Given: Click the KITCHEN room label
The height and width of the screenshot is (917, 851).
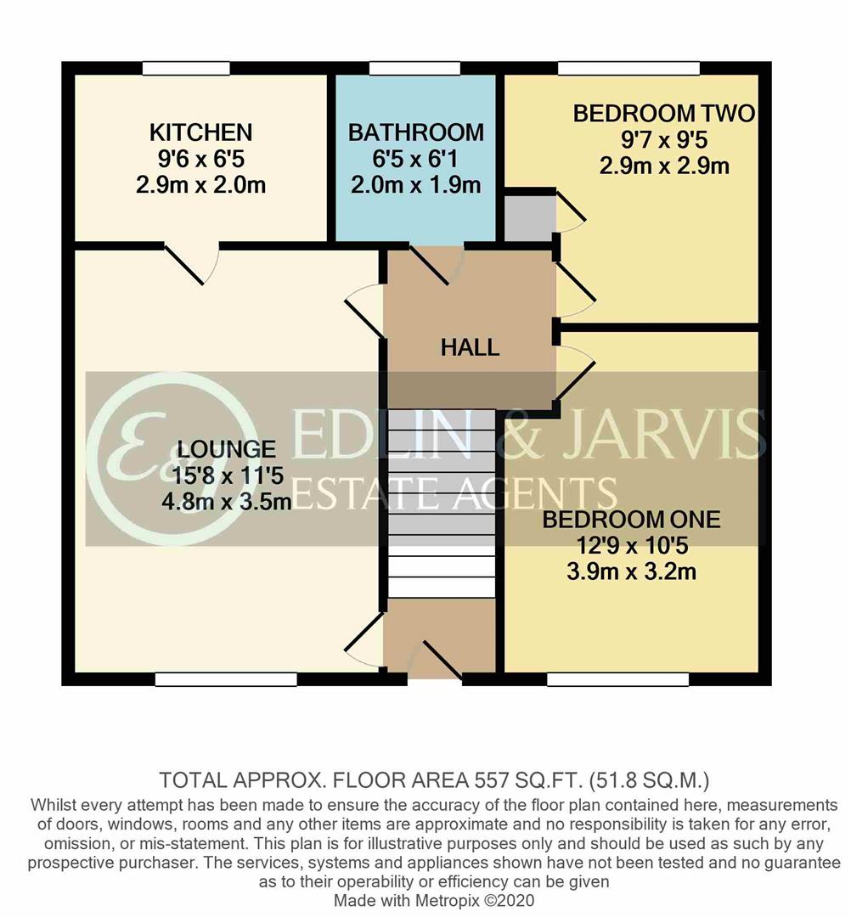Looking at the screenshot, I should pyautogui.click(x=200, y=132).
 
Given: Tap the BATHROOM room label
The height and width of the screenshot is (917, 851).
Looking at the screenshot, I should pyautogui.click(x=415, y=132).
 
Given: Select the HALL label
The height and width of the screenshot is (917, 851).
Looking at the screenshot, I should pyautogui.click(x=469, y=346).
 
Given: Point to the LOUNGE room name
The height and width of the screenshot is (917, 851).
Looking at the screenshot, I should pyautogui.click(x=227, y=449).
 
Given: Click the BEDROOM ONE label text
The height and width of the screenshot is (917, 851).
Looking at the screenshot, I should pyautogui.click(x=631, y=519).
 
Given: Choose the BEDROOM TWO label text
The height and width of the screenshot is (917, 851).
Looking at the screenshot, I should pyautogui.click(x=663, y=114).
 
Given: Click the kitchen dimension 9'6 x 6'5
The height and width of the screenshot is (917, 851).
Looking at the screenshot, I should pyautogui.click(x=200, y=158).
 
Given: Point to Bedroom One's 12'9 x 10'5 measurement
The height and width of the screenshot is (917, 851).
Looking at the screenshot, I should pyautogui.click(x=631, y=545).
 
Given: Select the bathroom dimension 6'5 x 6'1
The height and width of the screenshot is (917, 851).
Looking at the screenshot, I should pyautogui.click(x=415, y=158).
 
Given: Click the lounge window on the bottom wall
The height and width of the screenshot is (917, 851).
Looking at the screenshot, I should pyautogui.click(x=226, y=679).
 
